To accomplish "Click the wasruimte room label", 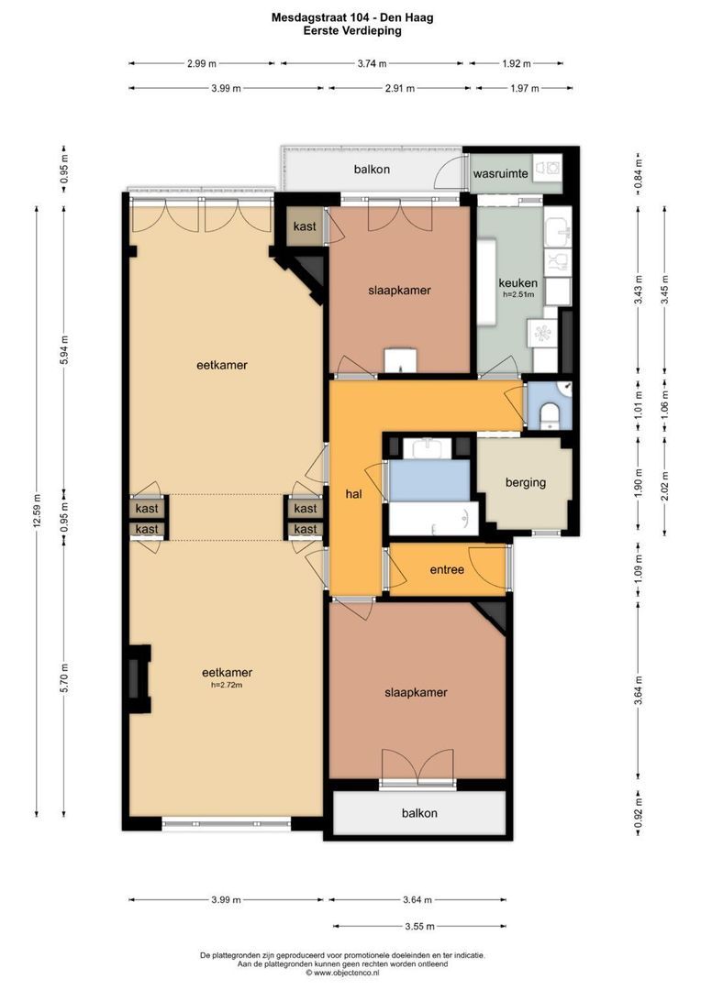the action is (x=500, y=173).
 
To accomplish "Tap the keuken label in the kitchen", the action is (x=517, y=283).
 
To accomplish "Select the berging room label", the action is (x=525, y=482).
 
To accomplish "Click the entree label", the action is (x=447, y=569).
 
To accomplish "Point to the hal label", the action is (x=354, y=494).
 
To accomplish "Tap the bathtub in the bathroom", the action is (x=434, y=519).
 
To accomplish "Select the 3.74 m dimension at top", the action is (x=372, y=63).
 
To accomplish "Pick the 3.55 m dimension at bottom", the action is (x=419, y=926).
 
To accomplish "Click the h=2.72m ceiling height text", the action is (x=228, y=685).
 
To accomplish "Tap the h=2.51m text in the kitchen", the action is (x=518, y=294).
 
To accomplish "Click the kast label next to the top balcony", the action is (x=305, y=226).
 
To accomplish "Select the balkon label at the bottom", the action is (x=419, y=813).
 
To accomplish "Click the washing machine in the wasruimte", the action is (x=548, y=169).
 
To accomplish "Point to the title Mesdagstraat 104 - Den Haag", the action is (x=352, y=17).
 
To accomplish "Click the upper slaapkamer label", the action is (x=399, y=291).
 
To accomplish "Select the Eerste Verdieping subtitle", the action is (x=352, y=30).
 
